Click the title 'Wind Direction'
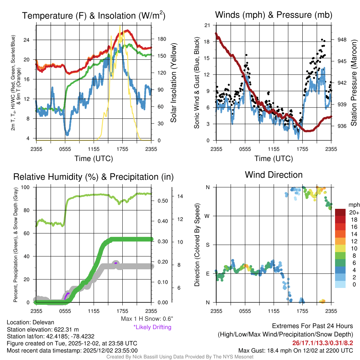coord(274,175)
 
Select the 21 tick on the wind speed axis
coord(207,25)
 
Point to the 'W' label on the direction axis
coord(208,216)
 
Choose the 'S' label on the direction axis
coord(208,245)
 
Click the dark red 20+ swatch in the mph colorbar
coord(341,212)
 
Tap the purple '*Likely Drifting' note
coord(152,327)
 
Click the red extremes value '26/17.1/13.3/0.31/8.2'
coord(322,342)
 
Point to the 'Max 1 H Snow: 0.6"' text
coord(147,319)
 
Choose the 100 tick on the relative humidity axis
coord(28,187)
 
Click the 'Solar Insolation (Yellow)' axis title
coord(173,83)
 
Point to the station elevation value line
coord(43,329)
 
